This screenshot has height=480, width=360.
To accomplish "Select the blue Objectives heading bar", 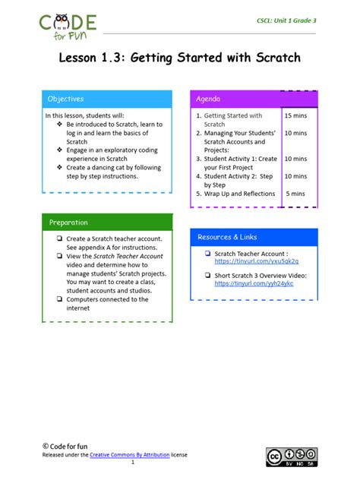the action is click(107, 99).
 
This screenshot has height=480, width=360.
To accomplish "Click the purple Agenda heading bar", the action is click(254, 99).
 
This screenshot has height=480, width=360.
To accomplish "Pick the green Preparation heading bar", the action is click(107, 223).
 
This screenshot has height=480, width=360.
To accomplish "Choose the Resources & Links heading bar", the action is click(254, 237).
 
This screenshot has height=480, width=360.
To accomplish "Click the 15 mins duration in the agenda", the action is click(295, 116).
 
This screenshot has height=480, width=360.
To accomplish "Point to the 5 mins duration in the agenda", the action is click(295, 194).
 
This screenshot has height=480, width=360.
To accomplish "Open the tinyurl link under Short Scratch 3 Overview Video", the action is click(254, 283).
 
